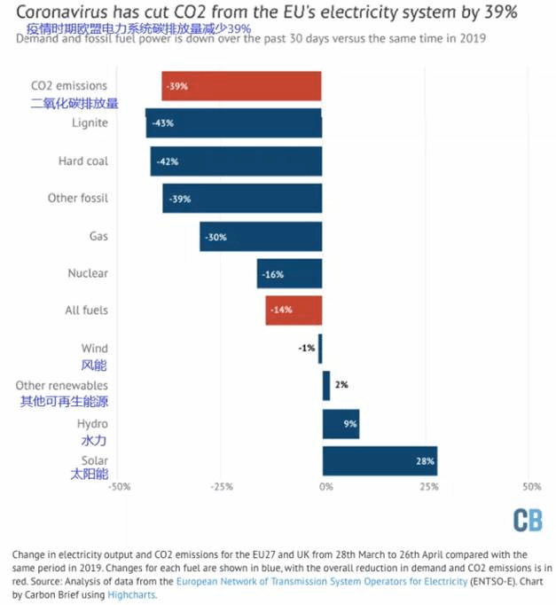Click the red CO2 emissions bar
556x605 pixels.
pos(241,86)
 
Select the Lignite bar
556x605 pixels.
pos(234,123)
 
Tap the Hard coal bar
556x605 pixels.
pos(236,161)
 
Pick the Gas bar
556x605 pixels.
pos(261,237)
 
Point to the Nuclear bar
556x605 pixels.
pos(289,274)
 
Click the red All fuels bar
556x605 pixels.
pos(294,310)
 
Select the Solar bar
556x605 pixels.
pos(380,461)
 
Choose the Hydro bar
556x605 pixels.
pos(341,424)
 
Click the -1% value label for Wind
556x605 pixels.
pos(306,349)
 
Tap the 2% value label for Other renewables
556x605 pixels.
pos(341,385)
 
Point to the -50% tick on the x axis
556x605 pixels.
pos(120,487)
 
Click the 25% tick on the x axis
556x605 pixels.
pos(428,487)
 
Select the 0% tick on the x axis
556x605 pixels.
pos(325,487)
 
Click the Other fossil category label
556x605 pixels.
pos(77,199)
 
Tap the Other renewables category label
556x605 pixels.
pos(61,386)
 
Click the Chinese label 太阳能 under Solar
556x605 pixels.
pos(89,475)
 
